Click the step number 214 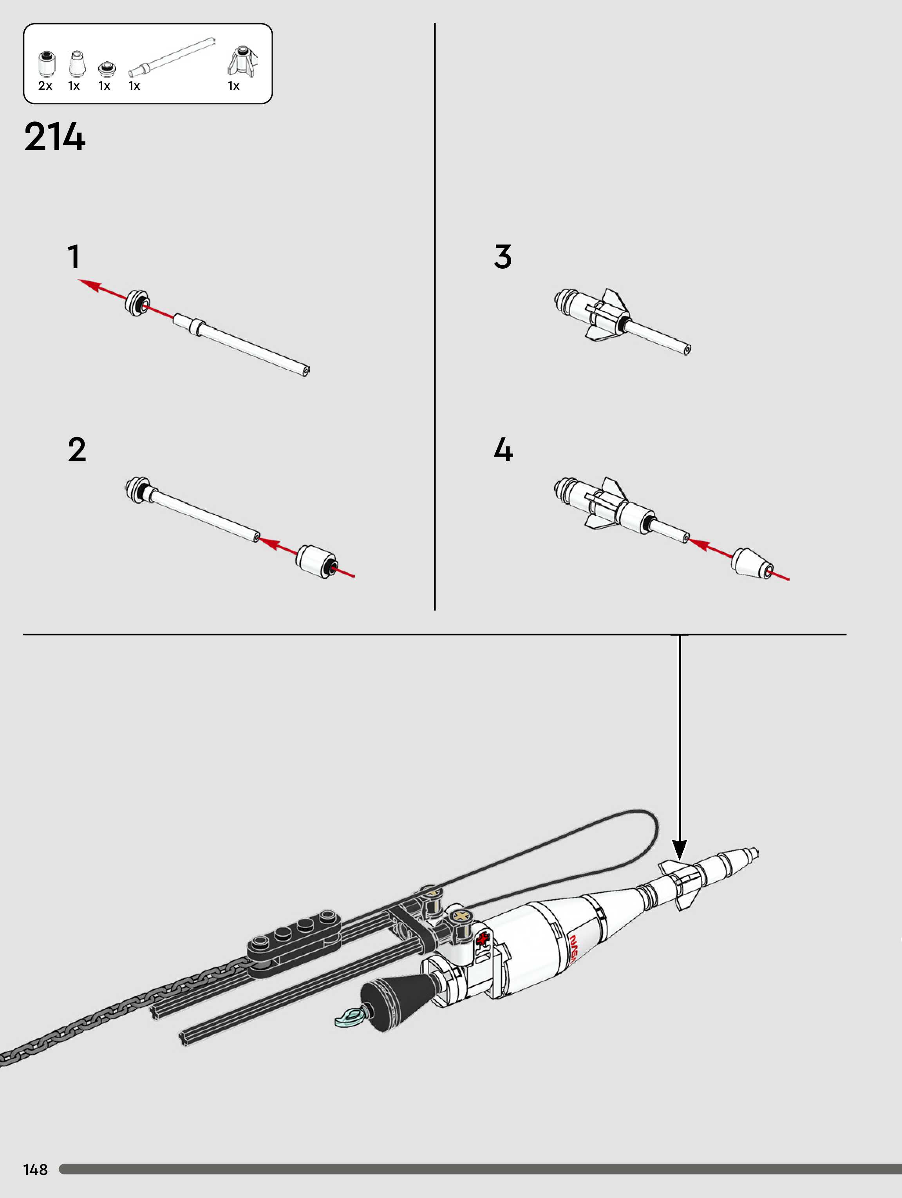[55, 137]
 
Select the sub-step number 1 [74, 257]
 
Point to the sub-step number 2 [77, 450]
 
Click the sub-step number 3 [503, 257]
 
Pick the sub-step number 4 [503, 450]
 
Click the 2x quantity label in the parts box [45, 85]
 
